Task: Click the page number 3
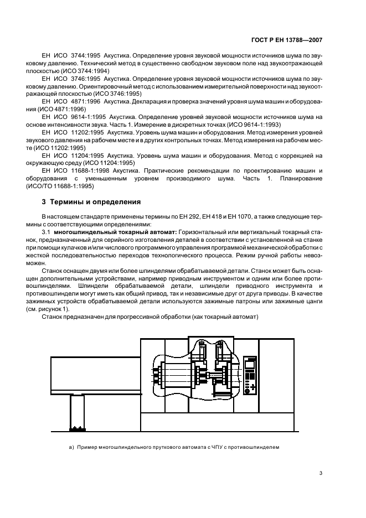(x=321, y=473)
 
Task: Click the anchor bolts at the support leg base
(x=76, y=428)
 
